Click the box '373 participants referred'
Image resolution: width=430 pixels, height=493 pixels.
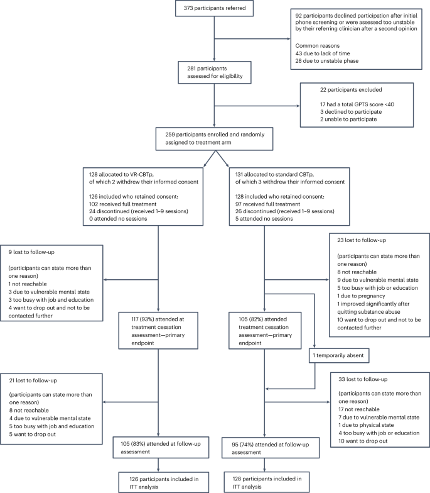coord(215,11)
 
